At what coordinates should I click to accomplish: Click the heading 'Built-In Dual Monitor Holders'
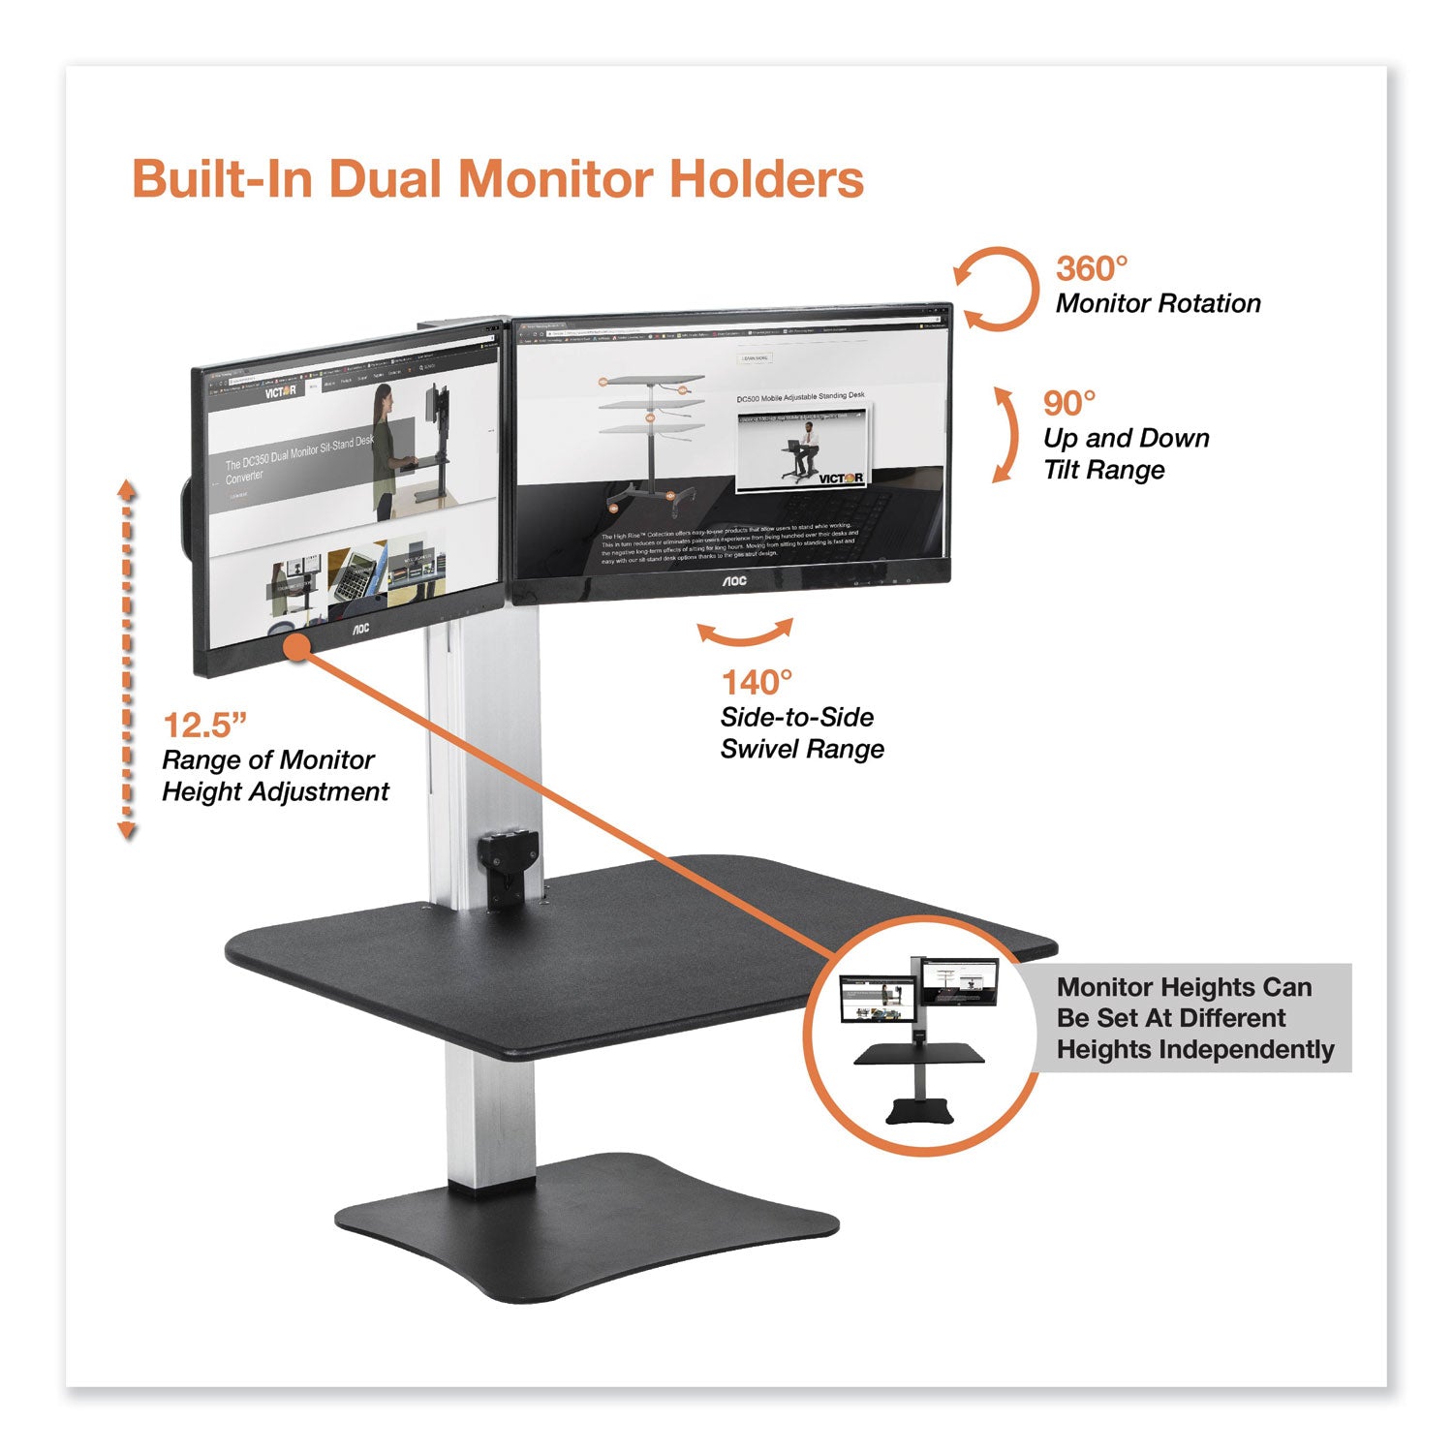tap(497, 179)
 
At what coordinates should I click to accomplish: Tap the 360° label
tap(1092, 268)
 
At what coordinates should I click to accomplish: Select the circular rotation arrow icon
tap(996, 289)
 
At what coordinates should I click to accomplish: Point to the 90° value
tap(1069, 403)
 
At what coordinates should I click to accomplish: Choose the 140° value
tap(757, 683)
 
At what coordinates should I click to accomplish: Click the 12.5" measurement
tap(204, 725)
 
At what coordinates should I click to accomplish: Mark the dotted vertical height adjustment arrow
tap(127, 659)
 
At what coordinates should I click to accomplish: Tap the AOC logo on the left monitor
tap(359, 629)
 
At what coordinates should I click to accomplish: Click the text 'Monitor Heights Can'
tap(1184, 987)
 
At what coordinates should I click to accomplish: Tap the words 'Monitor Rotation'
tap(1158, 304)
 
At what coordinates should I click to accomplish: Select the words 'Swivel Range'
tap(802, 749)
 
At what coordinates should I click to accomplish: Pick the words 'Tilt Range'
tap(1103, 471)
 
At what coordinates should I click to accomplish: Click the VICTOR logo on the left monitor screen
tap(280, 391)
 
